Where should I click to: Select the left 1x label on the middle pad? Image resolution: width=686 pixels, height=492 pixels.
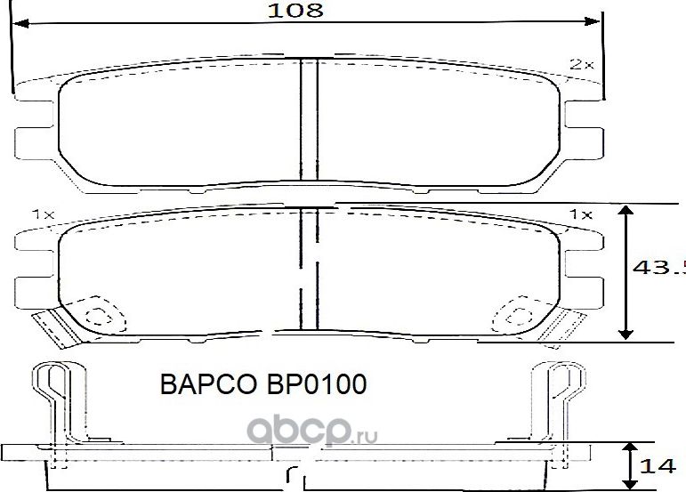43,215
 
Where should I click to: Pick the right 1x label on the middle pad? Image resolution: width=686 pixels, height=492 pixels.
580,215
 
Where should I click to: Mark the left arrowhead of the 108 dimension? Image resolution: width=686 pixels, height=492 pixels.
20,24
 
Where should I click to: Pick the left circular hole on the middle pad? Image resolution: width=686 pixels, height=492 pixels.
93,315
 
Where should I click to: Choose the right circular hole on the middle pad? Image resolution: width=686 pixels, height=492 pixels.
515,315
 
